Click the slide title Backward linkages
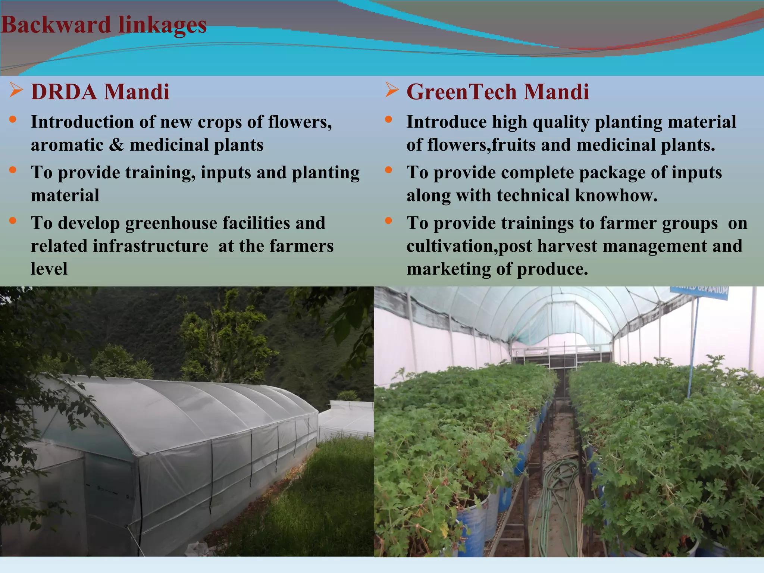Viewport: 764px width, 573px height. [104, 25]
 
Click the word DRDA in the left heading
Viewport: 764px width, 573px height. [64, 92]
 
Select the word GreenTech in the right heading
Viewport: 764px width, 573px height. [461, 92]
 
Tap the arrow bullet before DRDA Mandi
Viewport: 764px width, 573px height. [16, 90]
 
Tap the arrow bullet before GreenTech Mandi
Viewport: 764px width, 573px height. [392, 90]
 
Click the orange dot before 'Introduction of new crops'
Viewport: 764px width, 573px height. [13, 119]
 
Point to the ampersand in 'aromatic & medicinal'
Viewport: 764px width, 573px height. [116, 145]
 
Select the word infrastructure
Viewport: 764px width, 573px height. [150, 246]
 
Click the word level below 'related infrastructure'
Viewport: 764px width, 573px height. [49, 269]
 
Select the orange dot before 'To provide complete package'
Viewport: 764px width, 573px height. [389, 170]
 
